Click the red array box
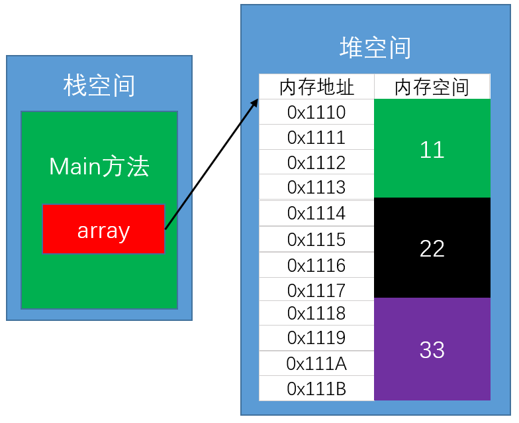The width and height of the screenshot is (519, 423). [103, 229]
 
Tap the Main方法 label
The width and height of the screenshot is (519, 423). [99, 166]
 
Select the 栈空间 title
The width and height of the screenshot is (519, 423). [99, 86]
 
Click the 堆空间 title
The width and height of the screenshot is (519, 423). [375, 48]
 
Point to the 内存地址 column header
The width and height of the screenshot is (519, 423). [316, 87]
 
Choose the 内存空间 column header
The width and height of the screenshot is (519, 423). [432, 87]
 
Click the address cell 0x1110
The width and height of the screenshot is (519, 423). [316, 112]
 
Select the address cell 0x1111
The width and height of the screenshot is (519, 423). [316, 137]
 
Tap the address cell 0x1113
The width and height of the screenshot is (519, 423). [316, 187]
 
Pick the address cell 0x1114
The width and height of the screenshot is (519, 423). [316, 213]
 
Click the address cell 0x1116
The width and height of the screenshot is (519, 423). [316, 265]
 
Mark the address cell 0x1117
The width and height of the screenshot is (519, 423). [316, 290]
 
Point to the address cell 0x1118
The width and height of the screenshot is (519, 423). [316, 312]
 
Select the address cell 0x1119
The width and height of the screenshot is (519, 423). [316, 337]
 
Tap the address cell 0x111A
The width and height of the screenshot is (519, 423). [316, 363]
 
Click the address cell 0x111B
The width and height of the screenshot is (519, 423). [316, 389]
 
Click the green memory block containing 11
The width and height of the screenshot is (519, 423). [432, 149]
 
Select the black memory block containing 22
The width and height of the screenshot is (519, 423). [432, 248]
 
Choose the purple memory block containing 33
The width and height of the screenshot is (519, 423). [432, 349]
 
